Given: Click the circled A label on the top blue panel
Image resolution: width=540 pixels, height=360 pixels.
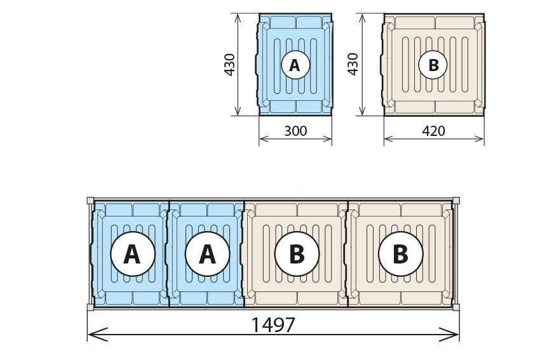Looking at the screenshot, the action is coord(295,65).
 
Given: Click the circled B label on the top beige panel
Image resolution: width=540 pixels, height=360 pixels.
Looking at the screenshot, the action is coord(433,65).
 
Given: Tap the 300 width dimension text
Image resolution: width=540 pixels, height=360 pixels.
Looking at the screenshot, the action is coord(295,131).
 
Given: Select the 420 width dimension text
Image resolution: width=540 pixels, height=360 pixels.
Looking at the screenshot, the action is coord(433,131).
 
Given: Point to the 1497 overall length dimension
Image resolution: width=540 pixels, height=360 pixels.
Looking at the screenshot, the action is coord(273,325).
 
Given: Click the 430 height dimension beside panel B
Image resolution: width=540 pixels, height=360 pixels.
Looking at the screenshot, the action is coord(353,64).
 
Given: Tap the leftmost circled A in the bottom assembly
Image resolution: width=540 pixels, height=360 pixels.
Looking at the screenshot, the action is coord(133,254).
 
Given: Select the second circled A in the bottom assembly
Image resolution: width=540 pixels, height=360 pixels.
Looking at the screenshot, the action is coord(207,254).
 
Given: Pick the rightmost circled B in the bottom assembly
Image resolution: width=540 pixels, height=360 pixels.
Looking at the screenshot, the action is coord(400,254).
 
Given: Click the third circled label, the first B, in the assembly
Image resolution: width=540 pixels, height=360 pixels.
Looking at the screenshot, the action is coord(297,254).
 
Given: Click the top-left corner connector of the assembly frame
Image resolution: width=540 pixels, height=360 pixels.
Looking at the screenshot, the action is coord(90,201).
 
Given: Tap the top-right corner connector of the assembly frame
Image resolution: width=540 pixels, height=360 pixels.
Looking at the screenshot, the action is coord(456,201).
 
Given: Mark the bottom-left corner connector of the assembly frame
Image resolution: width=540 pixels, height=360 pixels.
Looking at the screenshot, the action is coord(90,307).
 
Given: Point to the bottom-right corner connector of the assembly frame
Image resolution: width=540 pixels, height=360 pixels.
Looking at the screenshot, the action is coord(456,307).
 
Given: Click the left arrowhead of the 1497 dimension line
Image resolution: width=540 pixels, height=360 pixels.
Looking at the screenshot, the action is coord(97,334).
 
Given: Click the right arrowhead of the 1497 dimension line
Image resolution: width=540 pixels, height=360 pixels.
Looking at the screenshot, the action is coord(449,334).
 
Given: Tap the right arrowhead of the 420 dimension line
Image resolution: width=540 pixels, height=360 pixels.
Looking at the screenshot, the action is coord(479,138).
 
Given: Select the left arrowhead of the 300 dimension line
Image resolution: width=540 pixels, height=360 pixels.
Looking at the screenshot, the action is coord(264,138).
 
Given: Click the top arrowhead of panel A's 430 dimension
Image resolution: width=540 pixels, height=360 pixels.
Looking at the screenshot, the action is coord(238,19).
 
